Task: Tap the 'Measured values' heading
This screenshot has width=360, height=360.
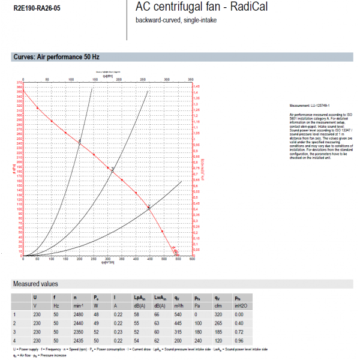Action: coord(35,283)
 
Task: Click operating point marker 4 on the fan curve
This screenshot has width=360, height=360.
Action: coord(80,142)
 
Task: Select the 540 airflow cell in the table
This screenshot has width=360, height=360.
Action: coord(178,314)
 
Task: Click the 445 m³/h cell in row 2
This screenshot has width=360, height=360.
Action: coord(178,322)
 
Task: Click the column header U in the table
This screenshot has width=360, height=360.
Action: coord(35,297)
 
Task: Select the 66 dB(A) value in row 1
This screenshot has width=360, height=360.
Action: coord(157,314)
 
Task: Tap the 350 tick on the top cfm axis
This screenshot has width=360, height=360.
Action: coord(190,79)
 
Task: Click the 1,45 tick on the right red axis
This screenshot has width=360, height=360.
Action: coord(196,86)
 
